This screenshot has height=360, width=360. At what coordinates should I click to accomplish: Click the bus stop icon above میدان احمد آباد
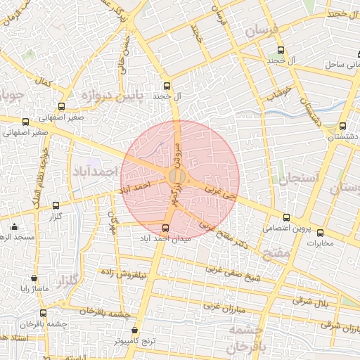click(x=166, y=228)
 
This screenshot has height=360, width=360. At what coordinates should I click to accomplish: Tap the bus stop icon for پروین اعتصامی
click(x=285, y=217)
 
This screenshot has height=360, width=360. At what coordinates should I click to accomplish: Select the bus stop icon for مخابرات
click(x=321, y=233)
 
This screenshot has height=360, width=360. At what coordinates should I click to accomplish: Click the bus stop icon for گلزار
click(x=56, y=205)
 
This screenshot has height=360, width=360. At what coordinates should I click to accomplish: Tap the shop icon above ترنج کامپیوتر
click(x=134, y=330)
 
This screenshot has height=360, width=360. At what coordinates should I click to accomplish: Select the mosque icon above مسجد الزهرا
click(x=15, y=226)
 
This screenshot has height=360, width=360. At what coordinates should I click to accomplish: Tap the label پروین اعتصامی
click(x=285, y=229)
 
